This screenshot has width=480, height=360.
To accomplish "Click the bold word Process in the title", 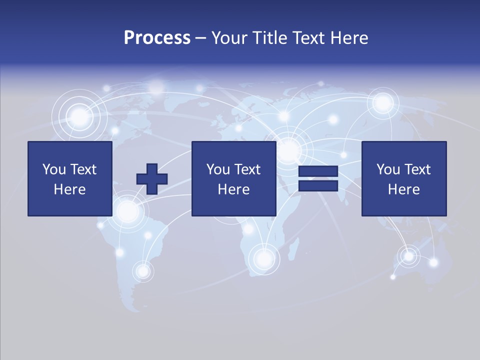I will (157, 38).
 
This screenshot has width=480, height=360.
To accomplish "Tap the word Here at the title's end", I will (348, 38).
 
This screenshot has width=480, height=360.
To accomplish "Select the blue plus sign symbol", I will (152, 179).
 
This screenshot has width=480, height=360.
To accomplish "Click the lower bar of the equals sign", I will (318, 186).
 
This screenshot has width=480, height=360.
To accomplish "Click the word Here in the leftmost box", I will (69, 189).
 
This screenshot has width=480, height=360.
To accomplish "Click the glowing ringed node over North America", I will (79, 118).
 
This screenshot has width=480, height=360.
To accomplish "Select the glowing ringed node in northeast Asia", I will (383, 103).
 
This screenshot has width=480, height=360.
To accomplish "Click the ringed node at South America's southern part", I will (143, 271).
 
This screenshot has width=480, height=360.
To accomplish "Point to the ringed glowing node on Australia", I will (409, 256).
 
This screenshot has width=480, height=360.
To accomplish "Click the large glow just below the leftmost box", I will (127, 211).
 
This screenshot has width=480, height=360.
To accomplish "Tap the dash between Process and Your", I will (200, 38).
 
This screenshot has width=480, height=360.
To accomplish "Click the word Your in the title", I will (228, 38).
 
